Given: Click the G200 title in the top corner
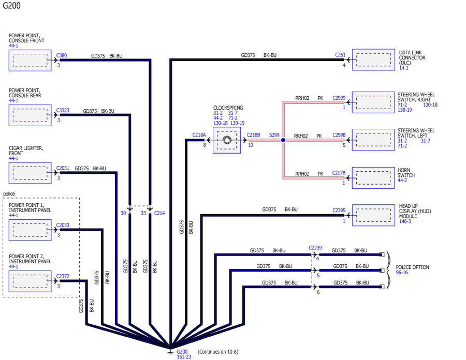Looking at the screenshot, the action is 11,5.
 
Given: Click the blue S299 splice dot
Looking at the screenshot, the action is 283,140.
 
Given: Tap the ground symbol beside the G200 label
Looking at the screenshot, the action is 170,352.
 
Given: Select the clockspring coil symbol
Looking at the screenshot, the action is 227,140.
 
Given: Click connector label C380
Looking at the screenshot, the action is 62,55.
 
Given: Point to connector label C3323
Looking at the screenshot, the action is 63,110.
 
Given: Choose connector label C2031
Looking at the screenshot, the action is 63,168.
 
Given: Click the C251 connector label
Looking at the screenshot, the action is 340,55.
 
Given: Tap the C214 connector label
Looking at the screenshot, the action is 159,213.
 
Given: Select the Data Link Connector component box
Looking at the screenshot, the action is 373,59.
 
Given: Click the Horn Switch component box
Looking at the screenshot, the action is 373,178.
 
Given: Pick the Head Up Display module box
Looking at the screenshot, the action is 373,215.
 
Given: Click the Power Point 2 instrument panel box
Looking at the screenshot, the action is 30,281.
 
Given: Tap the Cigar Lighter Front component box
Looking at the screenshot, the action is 30,173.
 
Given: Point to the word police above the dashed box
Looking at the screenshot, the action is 9,194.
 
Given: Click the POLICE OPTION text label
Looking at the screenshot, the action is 413,267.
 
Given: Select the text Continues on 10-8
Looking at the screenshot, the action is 218,352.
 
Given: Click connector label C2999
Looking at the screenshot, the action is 339,98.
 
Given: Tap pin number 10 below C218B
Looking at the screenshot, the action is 250,145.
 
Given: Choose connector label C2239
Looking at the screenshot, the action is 315,248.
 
